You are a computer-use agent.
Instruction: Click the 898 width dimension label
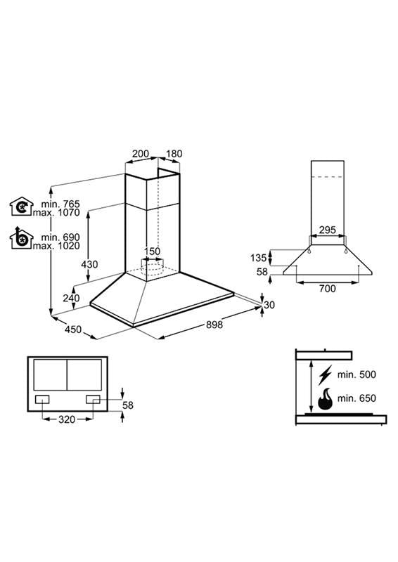coord(214,325)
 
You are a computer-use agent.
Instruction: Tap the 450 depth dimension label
coord(73,329)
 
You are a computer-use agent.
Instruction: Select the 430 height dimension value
coord(89,265)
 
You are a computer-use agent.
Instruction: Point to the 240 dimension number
coord(71,298)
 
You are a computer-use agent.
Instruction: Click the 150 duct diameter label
coord(152,251)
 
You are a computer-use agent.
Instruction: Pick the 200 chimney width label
coord(141,154)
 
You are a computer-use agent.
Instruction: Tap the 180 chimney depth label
coord(174,154)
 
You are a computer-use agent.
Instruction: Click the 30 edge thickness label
coord(269,305)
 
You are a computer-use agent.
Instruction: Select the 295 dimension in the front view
coord(327,230)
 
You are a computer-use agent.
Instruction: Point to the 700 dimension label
coord(327,289)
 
